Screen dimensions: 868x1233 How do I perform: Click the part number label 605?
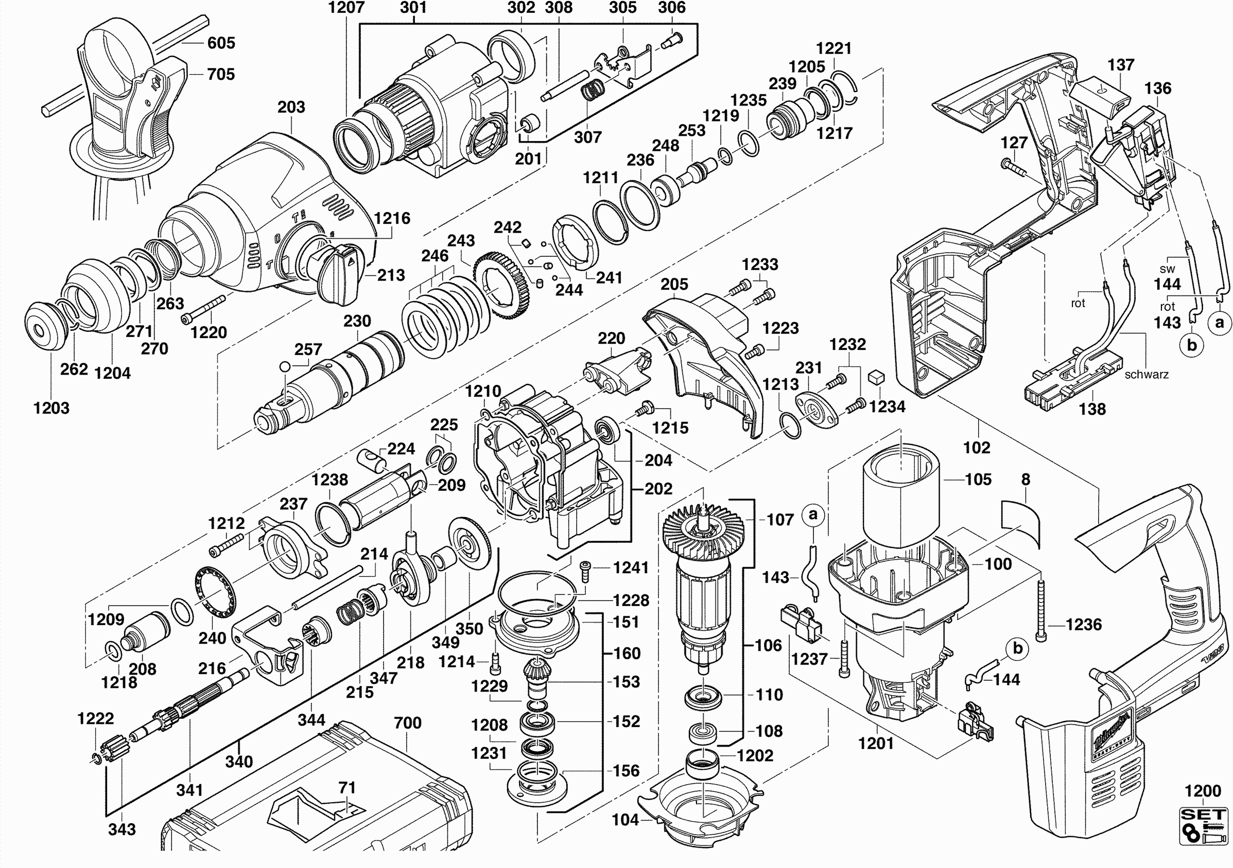pos(221,43)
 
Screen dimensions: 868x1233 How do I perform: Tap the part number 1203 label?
pos(51,408)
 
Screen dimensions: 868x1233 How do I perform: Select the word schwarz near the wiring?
pos(1147,375)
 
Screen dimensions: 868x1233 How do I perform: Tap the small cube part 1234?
pos(876,376)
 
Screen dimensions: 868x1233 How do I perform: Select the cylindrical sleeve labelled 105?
pos(901,494)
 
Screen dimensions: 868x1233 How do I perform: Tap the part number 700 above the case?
pos(408,723)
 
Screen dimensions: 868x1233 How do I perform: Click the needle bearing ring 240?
pos(215,595)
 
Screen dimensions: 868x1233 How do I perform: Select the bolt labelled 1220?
pos(204,309)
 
